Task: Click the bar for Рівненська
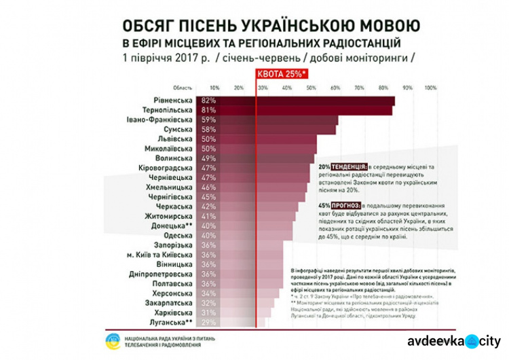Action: coord(305,101)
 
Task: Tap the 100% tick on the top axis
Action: coord(430,88)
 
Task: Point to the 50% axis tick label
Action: coord(312,88)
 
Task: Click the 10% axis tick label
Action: coord(214,88)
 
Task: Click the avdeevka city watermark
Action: coord(453,341)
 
